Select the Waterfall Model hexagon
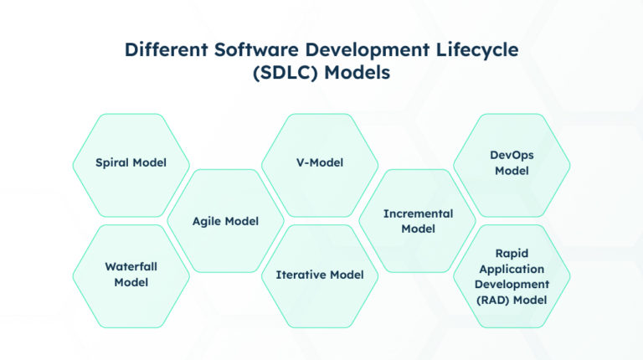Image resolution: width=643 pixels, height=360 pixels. [131, 275]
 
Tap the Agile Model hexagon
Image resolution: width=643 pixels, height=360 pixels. [225, 221]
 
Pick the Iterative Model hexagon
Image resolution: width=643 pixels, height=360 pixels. [320, 275]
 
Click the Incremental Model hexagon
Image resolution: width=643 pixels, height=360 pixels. [418, 221]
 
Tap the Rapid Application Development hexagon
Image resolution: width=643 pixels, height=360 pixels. [512, 275]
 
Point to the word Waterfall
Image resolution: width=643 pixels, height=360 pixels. [131, 267]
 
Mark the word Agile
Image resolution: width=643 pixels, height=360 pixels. [208, 222]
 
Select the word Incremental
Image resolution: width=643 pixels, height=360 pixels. [418, 213]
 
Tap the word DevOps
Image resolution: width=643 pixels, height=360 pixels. [512, 156]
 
